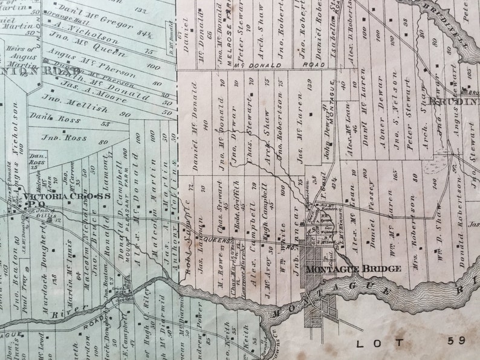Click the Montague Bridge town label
pos(354,268)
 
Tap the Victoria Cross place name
pos(68,196)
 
